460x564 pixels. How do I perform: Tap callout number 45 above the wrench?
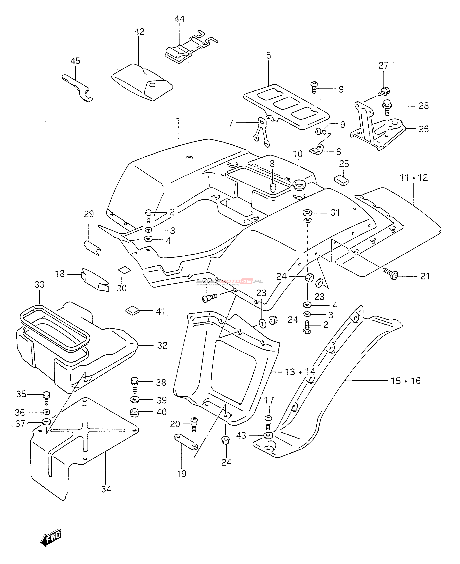pyautogui.click(x=75, y=61)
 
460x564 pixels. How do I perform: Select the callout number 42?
pyautogui.click(x=139, y=32)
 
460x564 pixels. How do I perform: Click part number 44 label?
pyautogui.click(x=179, y=19)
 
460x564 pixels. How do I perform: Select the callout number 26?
pyautogui.click(x=424, y=129)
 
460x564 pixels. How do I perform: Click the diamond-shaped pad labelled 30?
pyautogui.click(x=124, y=270)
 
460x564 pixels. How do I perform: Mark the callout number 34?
pyautogui.click(x=106, y=489)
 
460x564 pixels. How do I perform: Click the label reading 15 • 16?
pyautogui.click(x=405, y=381)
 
